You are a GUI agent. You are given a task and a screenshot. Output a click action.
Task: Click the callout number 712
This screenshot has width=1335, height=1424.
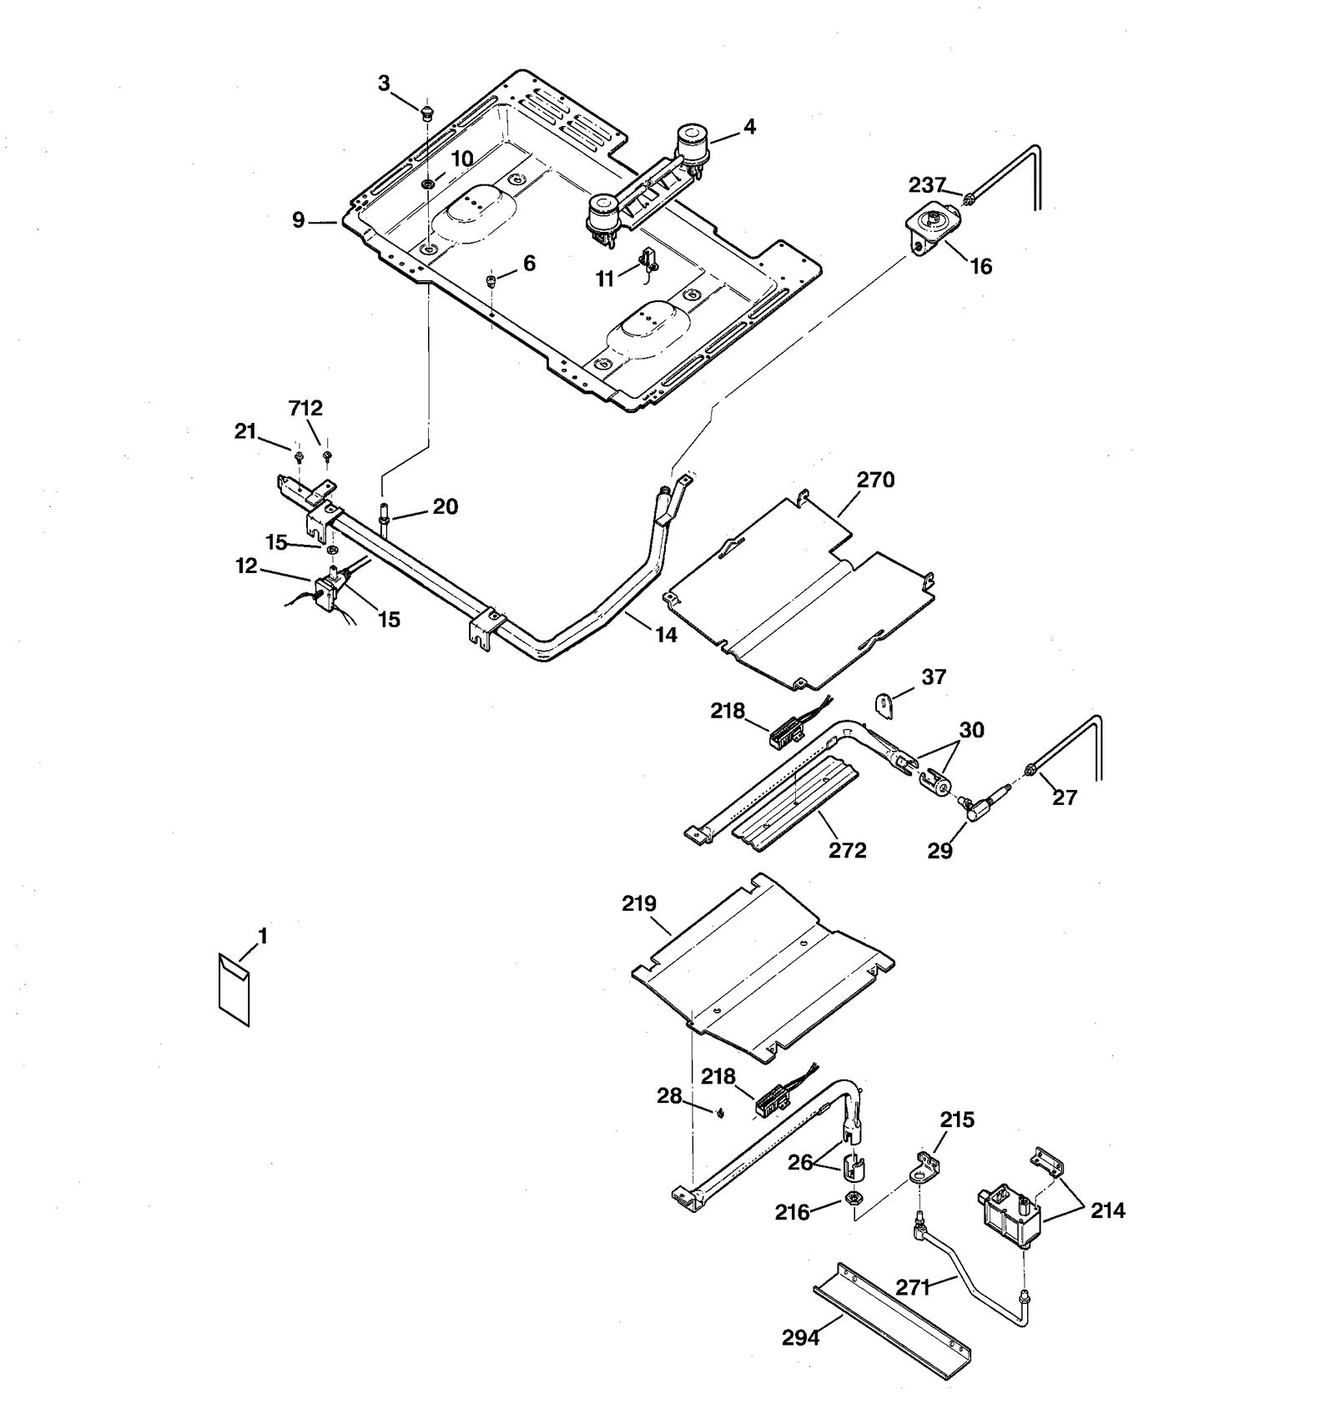(305, 409)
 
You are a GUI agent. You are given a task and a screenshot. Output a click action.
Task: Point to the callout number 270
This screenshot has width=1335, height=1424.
(874, 480)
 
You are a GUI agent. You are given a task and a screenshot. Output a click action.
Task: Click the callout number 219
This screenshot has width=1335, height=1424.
(639, 903)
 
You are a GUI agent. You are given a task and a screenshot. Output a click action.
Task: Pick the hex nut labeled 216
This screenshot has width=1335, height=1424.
(854, 1199)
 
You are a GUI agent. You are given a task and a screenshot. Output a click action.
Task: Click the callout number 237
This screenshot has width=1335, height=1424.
(927, 184)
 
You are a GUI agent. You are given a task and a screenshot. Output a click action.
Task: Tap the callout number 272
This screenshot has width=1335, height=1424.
(847, 850)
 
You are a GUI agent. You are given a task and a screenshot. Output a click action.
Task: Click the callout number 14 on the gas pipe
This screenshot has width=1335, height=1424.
(666, 635)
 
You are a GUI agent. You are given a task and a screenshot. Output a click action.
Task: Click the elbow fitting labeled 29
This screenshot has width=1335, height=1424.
(977, 804)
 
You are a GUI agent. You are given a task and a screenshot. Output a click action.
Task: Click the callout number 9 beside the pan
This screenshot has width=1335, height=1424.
(298, 221)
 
